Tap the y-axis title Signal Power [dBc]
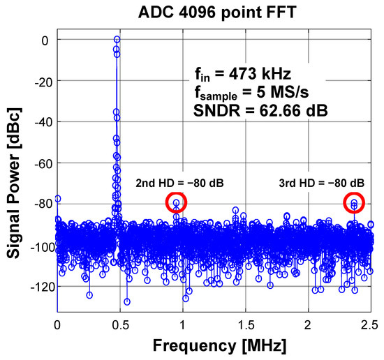(x=15, y=175)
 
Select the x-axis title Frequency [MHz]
(x=214, y=345)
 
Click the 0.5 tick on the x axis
(x=120, y=324)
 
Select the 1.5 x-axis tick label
(x=246, y=324)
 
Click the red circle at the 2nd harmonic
(x=177, y=203)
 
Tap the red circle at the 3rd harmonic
(x=355, y=203)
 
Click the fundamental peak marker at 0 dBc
(x=117, y=40)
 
